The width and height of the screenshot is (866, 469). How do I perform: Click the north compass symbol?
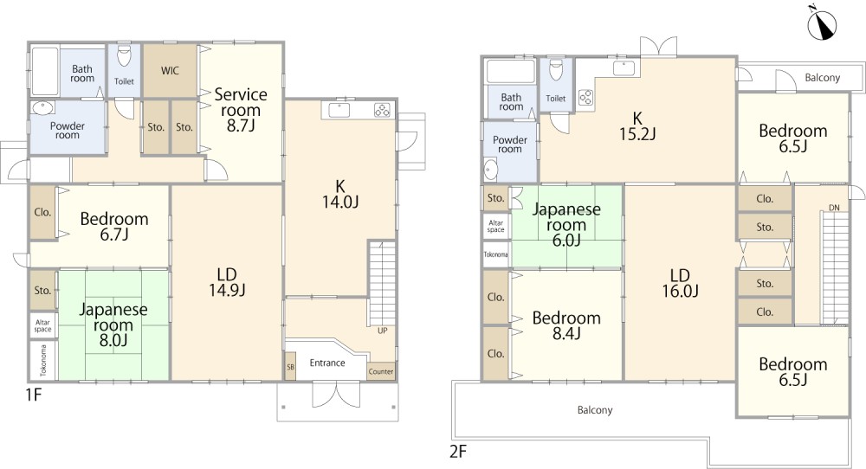pos(822,25)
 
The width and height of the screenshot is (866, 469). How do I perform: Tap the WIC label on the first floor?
pos(170,71)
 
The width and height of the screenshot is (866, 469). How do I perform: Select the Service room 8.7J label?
pos(241,110)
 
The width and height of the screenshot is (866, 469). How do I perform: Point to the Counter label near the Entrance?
pos(381,371)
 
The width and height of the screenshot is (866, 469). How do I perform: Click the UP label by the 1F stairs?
pos(382,331)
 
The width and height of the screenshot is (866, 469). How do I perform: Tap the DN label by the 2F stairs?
pos(834,208)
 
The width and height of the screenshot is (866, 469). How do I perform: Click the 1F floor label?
pos(34,395)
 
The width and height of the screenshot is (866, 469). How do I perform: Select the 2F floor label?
pos(458,452)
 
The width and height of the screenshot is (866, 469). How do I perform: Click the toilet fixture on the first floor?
pos(124,55)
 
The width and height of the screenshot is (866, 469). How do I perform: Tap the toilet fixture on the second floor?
pos(556,71)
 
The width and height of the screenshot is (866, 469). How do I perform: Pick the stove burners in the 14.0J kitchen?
pos(382,111)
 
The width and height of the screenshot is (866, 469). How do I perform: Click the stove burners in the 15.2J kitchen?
pos(585,98)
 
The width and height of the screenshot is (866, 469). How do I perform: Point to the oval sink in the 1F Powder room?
pos(42,107)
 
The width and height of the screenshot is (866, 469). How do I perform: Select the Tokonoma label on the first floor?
pos(43,361)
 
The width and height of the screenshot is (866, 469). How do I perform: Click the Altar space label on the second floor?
pos(496,226)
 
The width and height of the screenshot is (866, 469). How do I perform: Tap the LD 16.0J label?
pos(680,282)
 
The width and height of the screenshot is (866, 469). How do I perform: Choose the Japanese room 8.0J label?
pos(113,324)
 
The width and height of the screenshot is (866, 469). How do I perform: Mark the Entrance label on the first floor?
pos(327,363)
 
